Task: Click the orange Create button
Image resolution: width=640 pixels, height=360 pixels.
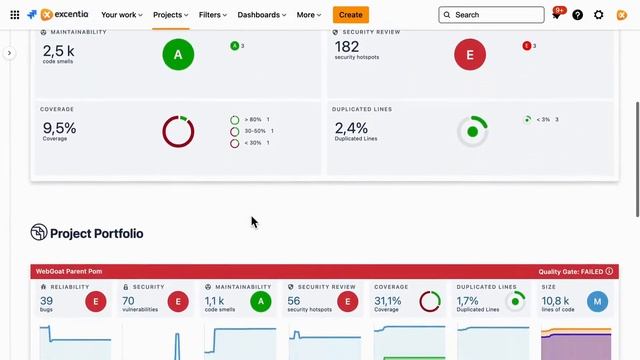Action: pos(351,15)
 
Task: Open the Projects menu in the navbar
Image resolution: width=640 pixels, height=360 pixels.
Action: pos(170,15)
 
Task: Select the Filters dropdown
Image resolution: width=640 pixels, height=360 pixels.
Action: pos(213,15)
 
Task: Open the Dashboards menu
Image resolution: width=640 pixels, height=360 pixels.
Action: pos(263,15)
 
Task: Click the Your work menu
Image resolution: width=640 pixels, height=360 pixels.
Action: pos(121,15)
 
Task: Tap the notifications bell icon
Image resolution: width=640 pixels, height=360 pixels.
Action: pos(557,15)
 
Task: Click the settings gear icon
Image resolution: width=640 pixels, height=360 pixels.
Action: pos(599,15)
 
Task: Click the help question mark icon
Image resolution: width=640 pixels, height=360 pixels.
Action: pos(578,15)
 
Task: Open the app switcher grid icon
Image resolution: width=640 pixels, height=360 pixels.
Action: pos(14,15)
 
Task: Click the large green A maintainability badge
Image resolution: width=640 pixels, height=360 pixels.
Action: pos(178,55)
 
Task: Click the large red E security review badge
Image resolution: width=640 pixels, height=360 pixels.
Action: pos(470,55)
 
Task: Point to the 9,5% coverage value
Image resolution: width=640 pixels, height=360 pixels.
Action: pos(59,127)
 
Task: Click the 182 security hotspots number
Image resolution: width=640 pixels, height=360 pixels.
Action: pos(347,47)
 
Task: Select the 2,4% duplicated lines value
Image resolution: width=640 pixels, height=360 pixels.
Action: pos(351,127)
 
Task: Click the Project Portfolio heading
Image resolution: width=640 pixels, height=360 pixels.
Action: pos(96,234)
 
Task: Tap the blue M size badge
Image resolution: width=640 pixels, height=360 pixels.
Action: pos(597,301)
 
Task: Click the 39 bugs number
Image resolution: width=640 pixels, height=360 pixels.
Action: pos(47,300)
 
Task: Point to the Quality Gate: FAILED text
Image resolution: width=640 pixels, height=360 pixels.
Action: pos(570,271)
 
